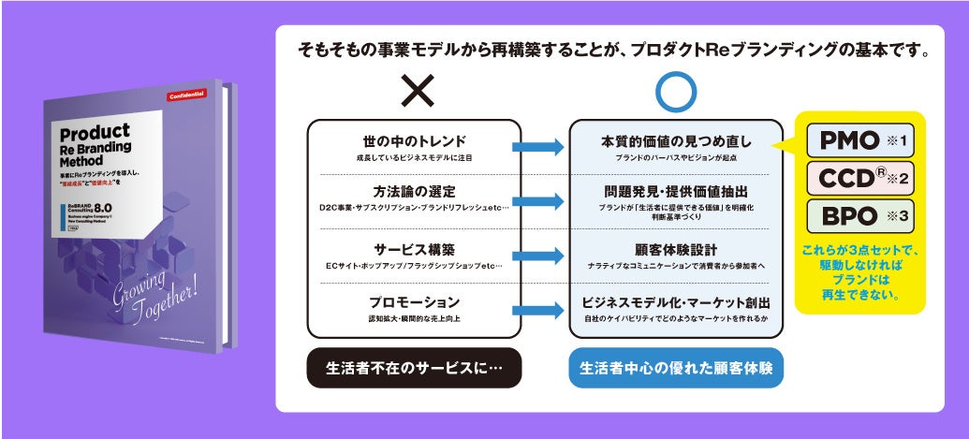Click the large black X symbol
(x=414, y=91)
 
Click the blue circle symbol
(x=676, y=91)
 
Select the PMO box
(x=859, y=141)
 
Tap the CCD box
(x=859, y=178)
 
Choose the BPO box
(x=859, y=215)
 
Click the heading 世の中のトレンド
(x=414, y=141)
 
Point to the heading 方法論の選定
(x=414, y=193)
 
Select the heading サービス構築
(x=414, y=250)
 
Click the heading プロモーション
(x=414, y=302)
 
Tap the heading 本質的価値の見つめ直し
(x=676, y=142)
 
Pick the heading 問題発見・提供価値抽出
(x=676, y=192)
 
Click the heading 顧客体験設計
(x=676, y=249)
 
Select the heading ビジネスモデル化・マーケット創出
(x=676, y=302)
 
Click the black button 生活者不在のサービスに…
(x=414, y=368)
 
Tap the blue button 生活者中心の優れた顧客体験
(x=676, y=368)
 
